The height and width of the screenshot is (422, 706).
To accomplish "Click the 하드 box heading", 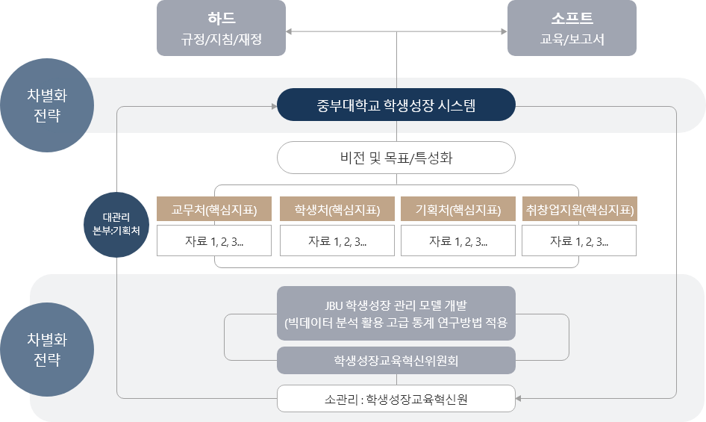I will (x=221, y=17).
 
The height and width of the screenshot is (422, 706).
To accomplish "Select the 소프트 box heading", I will (x=572, y=17).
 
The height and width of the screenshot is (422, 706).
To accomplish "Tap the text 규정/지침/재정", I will (x=222, y=39).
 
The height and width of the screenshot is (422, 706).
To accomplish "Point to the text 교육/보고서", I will (x=572, y=39).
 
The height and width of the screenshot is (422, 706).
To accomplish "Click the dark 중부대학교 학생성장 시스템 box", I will (x=396, y=105).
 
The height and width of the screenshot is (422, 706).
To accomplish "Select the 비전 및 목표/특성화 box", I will (x=396, y=158).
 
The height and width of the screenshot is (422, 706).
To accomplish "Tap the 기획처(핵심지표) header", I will (x=457, y=210).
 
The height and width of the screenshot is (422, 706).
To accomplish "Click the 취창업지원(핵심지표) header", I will (x=579, y=210).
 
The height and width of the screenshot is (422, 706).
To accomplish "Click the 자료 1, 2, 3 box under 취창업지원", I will (x=579, y=241).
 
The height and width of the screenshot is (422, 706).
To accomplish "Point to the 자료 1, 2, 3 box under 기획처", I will (x=457, y=241).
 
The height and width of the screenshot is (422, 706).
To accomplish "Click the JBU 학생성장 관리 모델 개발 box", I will (x=396, y=314).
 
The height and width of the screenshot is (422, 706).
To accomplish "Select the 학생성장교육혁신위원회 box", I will (x=396, y=361).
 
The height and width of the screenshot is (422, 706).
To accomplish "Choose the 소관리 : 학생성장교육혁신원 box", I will (x=396, y=399).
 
